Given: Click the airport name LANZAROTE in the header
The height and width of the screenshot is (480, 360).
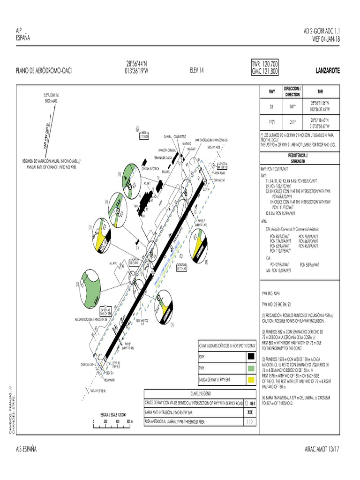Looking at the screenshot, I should pyautogui.click(x=328, y=71).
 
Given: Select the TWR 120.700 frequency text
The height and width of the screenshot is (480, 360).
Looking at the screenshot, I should pyautogui.click(x=265, y=64).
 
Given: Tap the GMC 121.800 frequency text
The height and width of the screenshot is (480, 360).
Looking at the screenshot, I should pyautogui.click(x=265, y=72).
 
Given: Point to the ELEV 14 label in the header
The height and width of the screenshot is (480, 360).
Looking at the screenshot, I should pyautogui.click(x=197, y=71).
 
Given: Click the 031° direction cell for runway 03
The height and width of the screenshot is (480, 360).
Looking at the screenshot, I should pyautogui.click(x=292, y=106).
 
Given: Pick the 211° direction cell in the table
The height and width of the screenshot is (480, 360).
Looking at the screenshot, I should pyautogui.click(x=292, y=123).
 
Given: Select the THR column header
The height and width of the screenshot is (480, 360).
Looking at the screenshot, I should pyautogui.click(x=320, y=92).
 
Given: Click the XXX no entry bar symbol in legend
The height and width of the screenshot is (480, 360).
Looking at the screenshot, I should pyautogui.click(x=249, y=412).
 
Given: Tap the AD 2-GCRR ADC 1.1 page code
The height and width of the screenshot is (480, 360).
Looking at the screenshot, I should pyautogui.click(x=322, y=31).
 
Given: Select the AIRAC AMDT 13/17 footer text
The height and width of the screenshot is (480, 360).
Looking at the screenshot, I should pyautogui.click(x=322, y=449).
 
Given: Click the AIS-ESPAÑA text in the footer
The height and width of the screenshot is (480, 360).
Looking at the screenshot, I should pyautogui.click(x=26, y=449).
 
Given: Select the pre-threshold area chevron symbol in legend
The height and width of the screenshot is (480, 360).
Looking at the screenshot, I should pyautogui.click(x=249, y=421).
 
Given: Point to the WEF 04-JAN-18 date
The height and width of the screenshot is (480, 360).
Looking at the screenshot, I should pyautogui.click(x=326, y=39).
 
